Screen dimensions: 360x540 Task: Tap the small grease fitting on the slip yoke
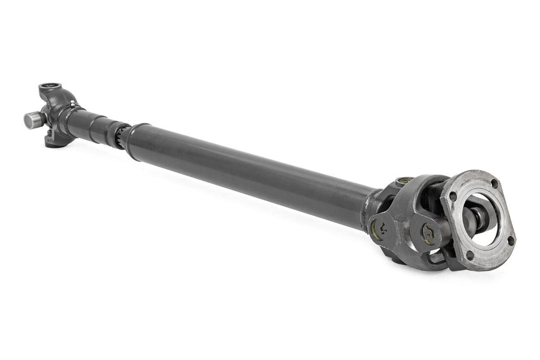(72, 104)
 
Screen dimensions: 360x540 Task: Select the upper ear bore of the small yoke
(49, 86)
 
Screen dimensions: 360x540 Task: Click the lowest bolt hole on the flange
(470, 255)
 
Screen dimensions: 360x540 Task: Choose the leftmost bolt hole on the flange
(452, 195)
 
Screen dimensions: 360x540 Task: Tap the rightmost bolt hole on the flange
(510, 240)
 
